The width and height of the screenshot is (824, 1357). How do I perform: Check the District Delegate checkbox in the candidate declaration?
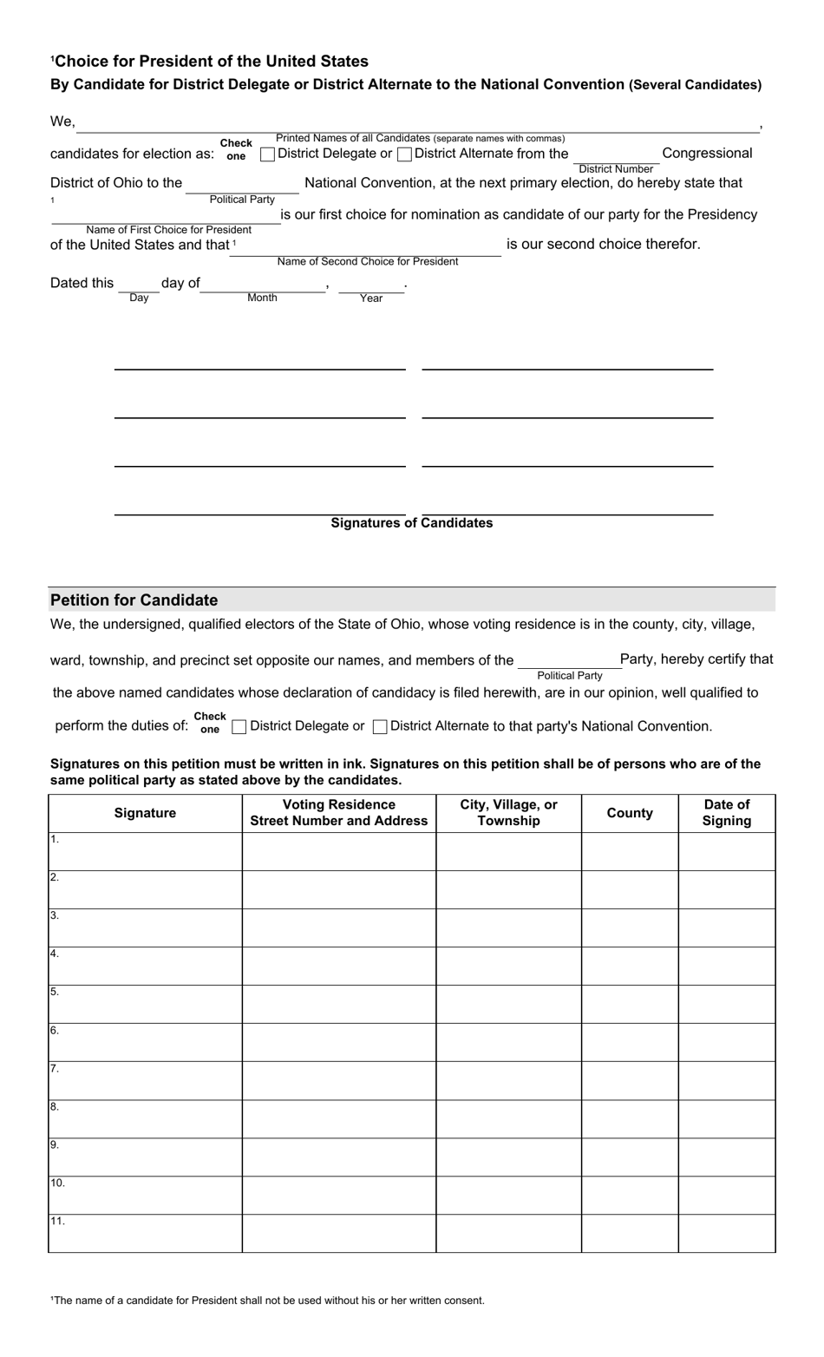[x=268, y=154]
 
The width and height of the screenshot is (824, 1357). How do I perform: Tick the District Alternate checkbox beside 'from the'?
[x=404, y=154]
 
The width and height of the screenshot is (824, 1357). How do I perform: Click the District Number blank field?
[x=615, y=154]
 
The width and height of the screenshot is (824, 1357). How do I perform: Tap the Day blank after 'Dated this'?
[x=139, y=285]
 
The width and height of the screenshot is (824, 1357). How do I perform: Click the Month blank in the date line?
[x=262, y=285]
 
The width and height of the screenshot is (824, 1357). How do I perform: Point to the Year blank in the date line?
[x=371, y=285]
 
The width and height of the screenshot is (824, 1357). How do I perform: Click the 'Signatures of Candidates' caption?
[x=412, y=523]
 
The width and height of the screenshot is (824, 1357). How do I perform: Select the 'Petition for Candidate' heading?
[x=134, y=600]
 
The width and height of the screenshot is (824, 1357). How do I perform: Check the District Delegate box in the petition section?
[x=239, y=727]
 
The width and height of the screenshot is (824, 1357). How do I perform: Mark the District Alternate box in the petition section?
[x=380, y=727]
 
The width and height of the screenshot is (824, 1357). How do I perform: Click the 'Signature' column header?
[x=145, y=813]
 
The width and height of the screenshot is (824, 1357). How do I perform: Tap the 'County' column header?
[x=630, y=813]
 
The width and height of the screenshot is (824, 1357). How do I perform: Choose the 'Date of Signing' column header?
[x=726, y=813]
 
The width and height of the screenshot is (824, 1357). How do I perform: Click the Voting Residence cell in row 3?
[x=338, y=928]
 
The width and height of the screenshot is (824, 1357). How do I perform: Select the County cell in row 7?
[x=630, y=1080]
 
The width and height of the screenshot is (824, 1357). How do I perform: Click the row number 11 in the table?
[x=57, y=1222]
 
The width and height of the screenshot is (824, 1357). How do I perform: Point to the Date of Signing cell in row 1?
[x=726, y=851]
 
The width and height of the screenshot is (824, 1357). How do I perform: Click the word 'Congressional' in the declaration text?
[x=707, y=154]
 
